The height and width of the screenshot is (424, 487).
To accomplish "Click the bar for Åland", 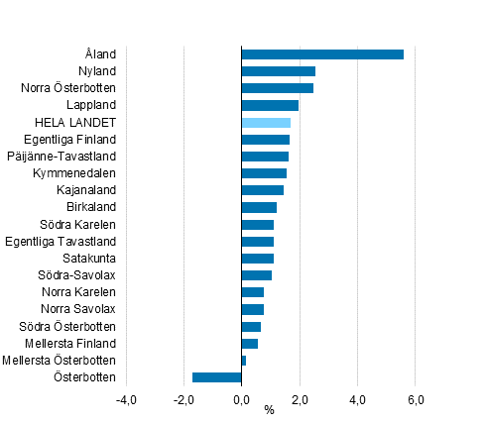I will click(x=322, y=53).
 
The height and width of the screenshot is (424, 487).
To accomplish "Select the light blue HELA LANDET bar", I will click(x=266, y=122).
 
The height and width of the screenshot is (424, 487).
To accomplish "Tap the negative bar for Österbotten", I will click(x=217, y=377).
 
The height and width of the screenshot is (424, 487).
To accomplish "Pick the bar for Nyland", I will click(x=279, y=71).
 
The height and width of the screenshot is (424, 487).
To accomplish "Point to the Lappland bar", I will click(x=270, y=105).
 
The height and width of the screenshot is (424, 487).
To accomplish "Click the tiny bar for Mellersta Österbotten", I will click(x=244, y=361).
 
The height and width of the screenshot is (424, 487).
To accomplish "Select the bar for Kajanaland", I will click(x=263, y=190).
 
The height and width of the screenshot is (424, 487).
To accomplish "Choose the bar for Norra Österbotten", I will click(x=278, y=88).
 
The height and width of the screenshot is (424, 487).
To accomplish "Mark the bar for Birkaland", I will click(x=259, y=207).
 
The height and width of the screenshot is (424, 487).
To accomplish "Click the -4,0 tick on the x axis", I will click(x=126, y=399).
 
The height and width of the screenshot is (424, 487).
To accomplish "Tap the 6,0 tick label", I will click(x=416, y=399).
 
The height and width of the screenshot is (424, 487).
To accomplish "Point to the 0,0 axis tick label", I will click(x=241, y=399).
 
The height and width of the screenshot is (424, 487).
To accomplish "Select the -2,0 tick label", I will click(x=183, y=399).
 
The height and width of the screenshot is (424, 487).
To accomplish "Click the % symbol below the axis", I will click(x=269, y=411).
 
